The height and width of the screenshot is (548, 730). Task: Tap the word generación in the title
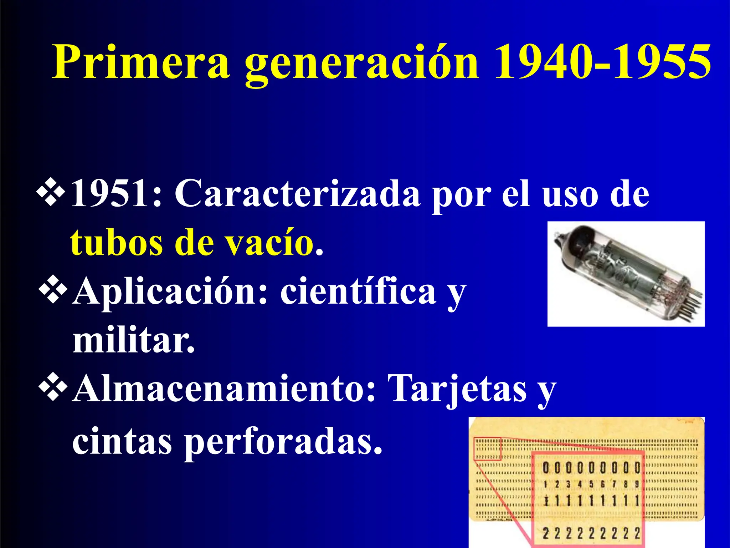[x=361, y=64]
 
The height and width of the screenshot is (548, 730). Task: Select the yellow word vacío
[x=269, y=243]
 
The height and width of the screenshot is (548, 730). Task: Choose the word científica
[x=358, y=291]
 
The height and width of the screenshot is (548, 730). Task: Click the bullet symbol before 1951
[x=51, y=193]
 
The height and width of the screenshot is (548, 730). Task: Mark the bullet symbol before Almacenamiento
[x=53, y=387]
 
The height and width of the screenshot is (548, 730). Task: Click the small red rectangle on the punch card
[x=487, y=448]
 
